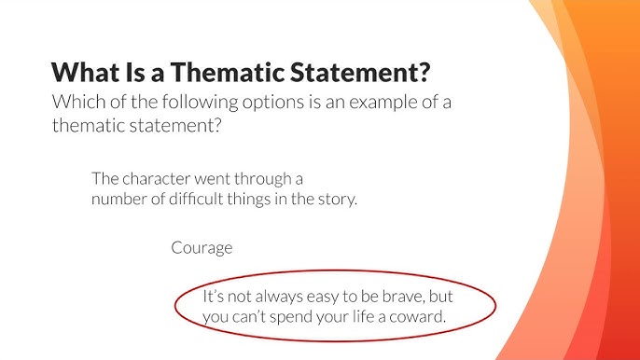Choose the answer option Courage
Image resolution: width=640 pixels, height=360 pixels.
(x=202, y=248)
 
